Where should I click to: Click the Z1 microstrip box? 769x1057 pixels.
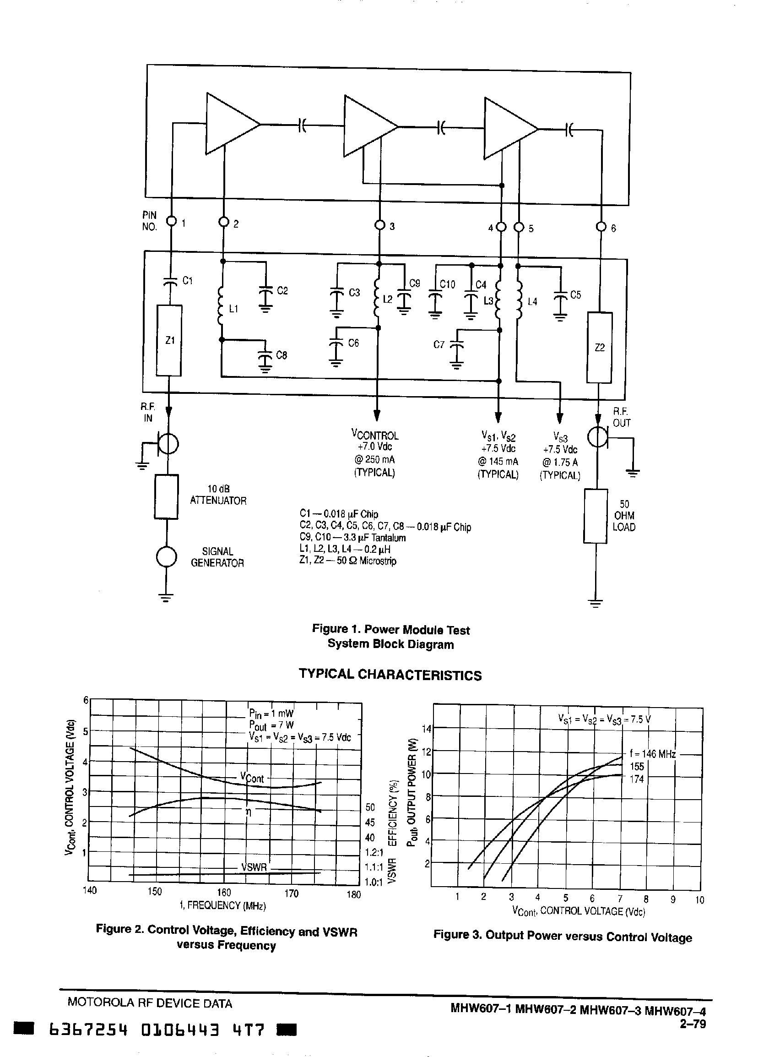[x=168, y=340]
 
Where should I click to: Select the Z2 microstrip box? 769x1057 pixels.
[x=600, y=348]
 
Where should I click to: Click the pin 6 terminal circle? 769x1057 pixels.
[x=601, y=228]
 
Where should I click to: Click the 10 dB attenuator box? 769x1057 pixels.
[x=166, y=496]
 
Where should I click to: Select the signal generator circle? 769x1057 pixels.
[x=166, y=557]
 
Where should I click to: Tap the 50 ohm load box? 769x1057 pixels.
[x=596, y=516]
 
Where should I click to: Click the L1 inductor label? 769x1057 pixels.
[x=234, y=309]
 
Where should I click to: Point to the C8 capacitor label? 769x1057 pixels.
[x=282, y=355]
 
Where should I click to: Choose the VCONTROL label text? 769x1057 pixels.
[x=375, y=435]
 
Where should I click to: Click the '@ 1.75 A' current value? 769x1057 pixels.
[x=560, y=462]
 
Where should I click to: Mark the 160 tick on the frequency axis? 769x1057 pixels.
[x=224, y=892]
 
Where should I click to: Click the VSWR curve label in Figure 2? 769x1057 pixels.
[x=254, y=867]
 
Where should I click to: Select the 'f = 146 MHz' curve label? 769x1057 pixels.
[x=652, y=754]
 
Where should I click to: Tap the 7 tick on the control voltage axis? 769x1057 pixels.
[x=620, y=899]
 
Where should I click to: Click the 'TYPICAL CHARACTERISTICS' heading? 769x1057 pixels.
[x=390, y=675]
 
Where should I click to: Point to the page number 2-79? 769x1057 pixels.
[x=693, y=1024]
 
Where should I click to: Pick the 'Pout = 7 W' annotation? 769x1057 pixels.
[x=271, y=725]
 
